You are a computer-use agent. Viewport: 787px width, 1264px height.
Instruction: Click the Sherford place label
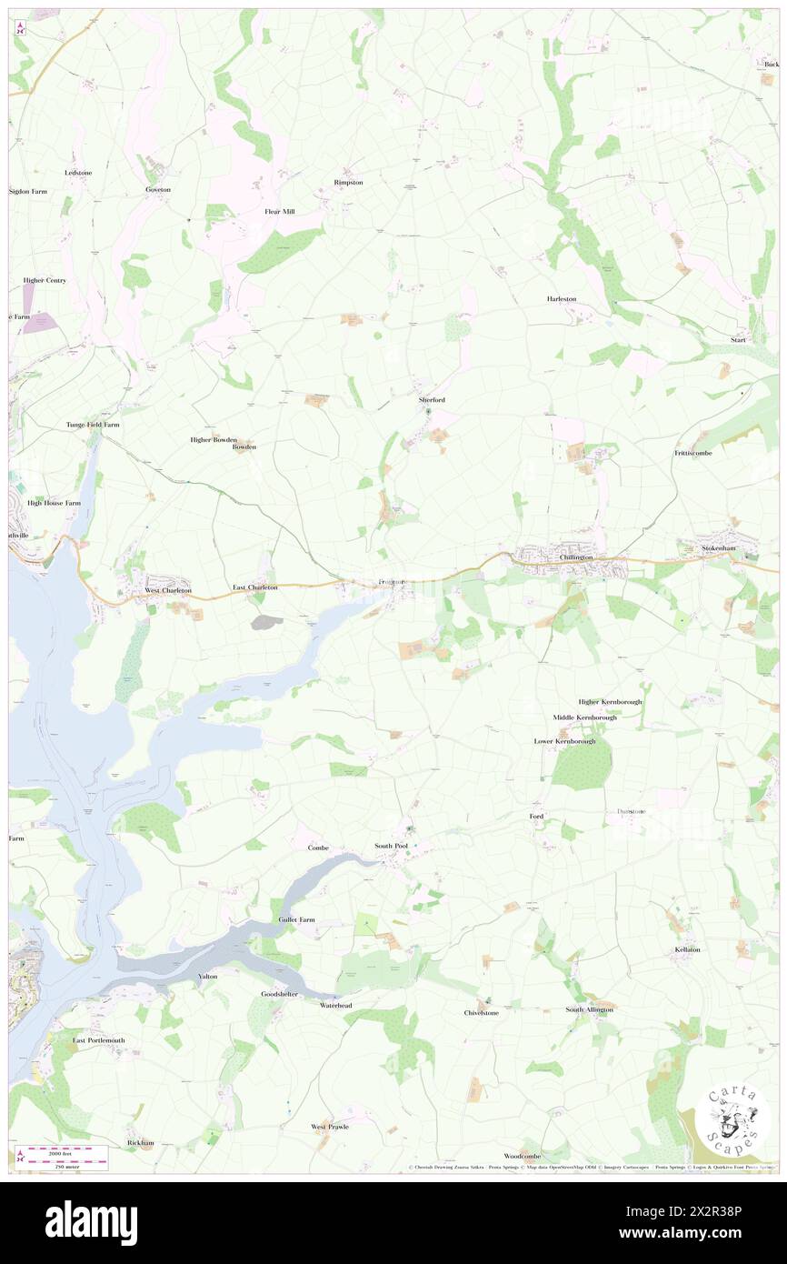point(432,399)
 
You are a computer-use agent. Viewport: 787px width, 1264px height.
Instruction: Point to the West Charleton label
point(169,590)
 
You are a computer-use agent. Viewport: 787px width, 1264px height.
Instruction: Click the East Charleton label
point(254,587)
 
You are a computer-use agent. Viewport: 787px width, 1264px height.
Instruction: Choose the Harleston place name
point(562,298)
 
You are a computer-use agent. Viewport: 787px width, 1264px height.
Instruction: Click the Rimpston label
point(348,182)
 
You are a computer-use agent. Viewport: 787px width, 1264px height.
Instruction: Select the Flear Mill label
point(280,211)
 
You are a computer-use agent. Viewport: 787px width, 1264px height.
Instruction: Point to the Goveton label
point(158,189)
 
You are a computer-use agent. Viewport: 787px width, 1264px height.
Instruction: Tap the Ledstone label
point(78,172)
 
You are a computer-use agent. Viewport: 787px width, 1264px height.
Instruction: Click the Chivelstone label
point(482,1012)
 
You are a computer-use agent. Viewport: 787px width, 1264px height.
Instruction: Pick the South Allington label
point(590,1009)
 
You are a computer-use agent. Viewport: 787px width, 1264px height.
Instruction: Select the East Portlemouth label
point(99,1039)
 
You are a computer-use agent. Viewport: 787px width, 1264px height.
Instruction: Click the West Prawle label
point(330,1127)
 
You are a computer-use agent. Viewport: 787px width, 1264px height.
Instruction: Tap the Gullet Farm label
point(296,919)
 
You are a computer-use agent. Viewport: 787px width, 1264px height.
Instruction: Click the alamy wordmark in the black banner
point(91,1222)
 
